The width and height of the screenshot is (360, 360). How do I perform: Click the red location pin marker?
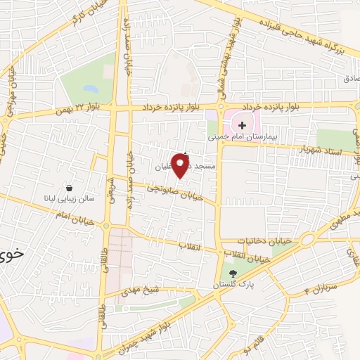click(x=181, y=165)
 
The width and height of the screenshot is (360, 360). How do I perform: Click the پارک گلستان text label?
click(x=233, y=285)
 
